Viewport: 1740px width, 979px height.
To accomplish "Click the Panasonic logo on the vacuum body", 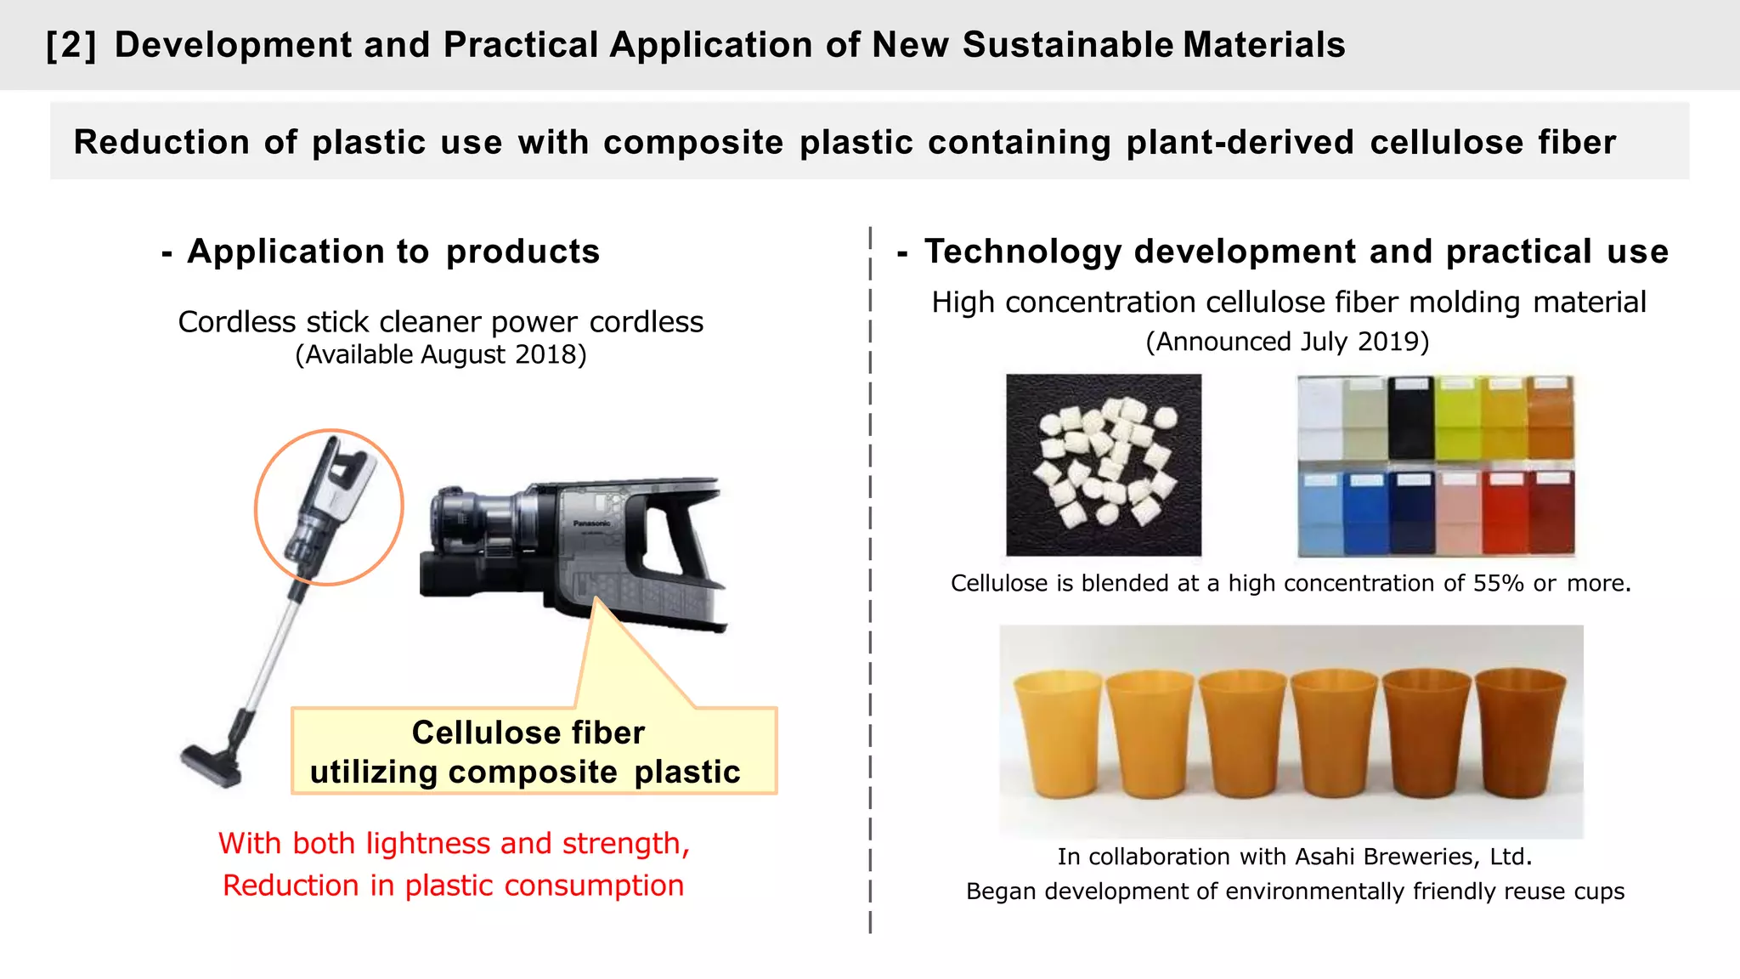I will (591, 523).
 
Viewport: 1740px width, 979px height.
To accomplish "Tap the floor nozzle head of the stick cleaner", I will (212, 764).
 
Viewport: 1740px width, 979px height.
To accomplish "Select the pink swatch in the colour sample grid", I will (1458, 512).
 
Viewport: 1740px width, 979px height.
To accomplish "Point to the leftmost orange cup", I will (1058, 733).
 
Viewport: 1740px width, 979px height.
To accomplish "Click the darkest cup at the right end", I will (1520, 733).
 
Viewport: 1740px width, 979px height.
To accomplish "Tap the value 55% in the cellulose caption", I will (1498, 584).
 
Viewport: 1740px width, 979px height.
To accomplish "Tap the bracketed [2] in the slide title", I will (71, 45).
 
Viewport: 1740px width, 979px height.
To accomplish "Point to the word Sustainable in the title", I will (1067, 45).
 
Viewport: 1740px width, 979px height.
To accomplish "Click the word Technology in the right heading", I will (1023, 252).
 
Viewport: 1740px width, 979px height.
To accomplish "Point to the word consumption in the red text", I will (594, 886).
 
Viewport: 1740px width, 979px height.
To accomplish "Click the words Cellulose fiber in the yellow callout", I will (528, 733).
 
